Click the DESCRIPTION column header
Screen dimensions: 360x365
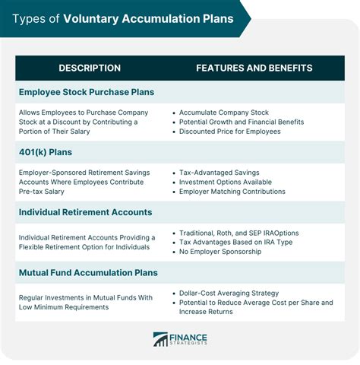tap(90, 68)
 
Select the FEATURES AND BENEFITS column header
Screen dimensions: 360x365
tap(254, 68)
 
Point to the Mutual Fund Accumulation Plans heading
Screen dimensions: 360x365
tap(88, 272)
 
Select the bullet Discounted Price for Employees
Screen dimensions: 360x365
tap(230, 132)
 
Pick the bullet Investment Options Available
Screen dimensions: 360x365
tap(226, 182)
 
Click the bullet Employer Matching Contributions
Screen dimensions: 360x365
tap(232, 192)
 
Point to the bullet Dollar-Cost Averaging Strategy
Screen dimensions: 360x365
tap(229, 293)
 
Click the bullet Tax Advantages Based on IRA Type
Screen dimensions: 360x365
tap(236, 242)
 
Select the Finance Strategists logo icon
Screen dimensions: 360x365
tap(160, 339)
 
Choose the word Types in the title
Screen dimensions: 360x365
tap(28, 17)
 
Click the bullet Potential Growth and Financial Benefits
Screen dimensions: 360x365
tap(242, 122)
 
